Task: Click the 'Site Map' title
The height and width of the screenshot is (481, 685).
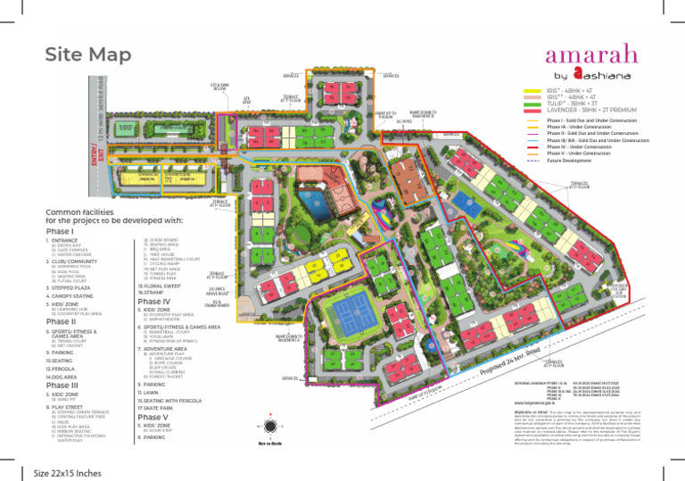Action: [x=87, y=55]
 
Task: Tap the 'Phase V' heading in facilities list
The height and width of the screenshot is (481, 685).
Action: [x=153, y=417]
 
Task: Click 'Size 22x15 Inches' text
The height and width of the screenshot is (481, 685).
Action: [x=66, y=471]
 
